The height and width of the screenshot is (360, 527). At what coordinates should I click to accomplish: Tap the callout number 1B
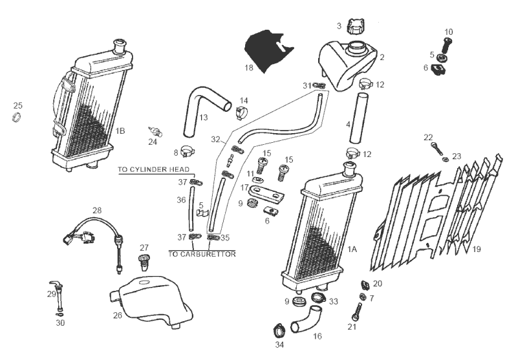(x=120, y=131)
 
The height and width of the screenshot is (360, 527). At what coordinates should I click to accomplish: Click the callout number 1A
(x=352, y=249)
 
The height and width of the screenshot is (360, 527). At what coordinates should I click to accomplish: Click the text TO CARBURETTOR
(x=202, y=254)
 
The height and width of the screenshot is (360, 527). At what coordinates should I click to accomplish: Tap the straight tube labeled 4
(x=358, y=120)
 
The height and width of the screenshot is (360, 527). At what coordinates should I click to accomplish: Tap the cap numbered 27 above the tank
(x=144, y=262)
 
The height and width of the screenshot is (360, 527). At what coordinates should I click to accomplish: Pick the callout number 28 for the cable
(x=97, y=211)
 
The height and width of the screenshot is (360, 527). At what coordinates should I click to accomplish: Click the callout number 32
(x=215, y=139)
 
